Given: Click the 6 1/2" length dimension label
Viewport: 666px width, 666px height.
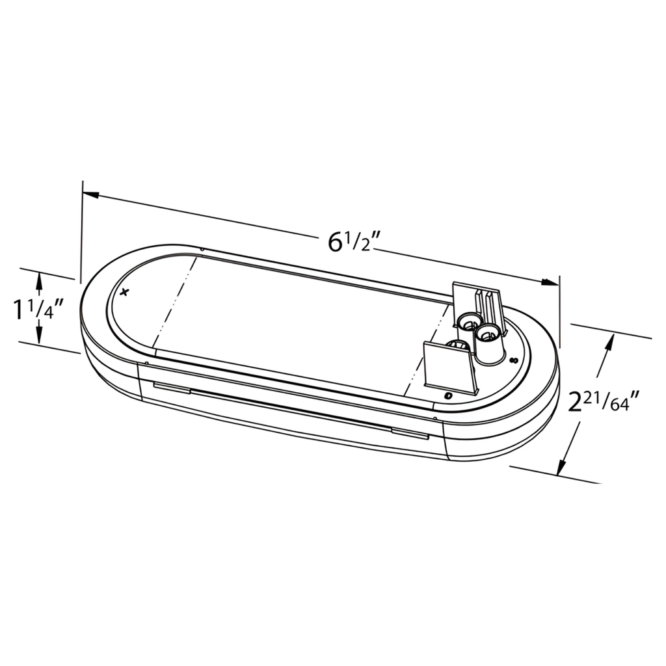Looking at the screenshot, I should tap(353, 243).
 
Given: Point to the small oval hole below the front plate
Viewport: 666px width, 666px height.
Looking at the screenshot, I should tap(447, 395).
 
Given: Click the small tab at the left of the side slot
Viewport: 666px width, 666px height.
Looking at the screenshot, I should tap(170, 388).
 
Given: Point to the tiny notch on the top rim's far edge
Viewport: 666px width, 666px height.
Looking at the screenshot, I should tap(202, 248).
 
